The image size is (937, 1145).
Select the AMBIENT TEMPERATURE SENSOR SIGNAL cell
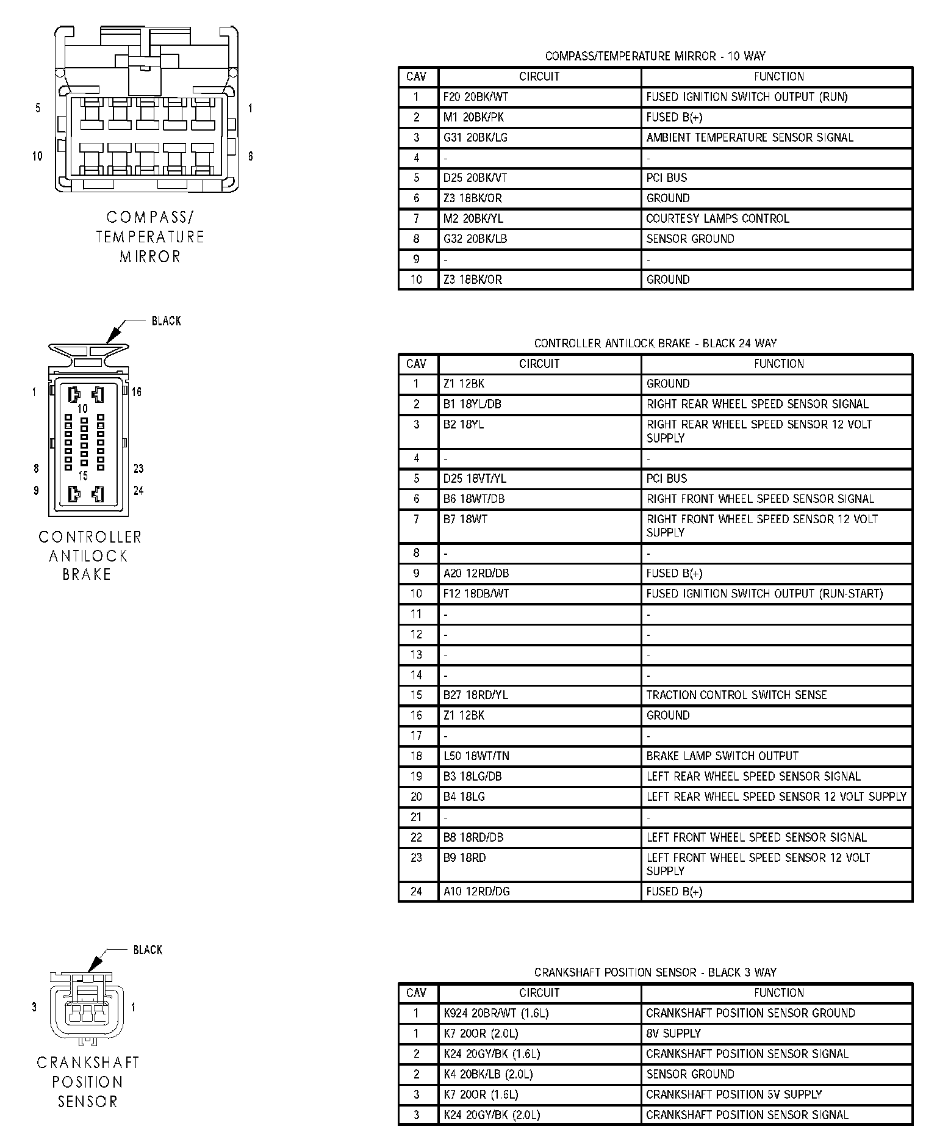[749, 138]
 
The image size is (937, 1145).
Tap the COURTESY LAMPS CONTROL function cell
[717, 219]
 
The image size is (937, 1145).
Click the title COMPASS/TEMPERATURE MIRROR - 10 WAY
[655, 56]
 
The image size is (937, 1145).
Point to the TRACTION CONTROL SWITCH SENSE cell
[736, 695]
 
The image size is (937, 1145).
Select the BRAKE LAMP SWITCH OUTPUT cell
[722, 756]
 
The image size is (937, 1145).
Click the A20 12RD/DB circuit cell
[476, 574]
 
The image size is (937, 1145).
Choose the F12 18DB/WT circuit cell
[476, 594]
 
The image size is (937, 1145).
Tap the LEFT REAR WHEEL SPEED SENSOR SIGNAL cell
[753, 777]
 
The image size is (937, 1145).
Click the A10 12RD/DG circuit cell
[476, 892]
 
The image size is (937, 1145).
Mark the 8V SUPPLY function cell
[673, 1034]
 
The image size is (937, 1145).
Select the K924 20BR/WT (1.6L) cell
[495, 1014]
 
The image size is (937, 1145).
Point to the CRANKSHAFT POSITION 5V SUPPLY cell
[733, 1095]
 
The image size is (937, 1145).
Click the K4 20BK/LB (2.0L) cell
[492, 1074]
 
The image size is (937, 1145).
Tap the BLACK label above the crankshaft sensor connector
[148, 950]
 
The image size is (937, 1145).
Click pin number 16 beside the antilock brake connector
[137, 392]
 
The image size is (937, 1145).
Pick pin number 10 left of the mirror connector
[37, 156]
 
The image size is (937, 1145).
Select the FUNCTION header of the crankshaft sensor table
[778, 993]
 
